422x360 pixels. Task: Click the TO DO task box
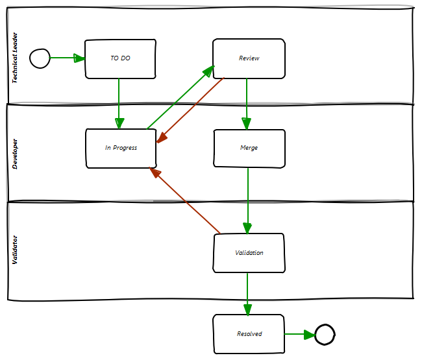point(120,59)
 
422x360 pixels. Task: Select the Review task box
point(249,59)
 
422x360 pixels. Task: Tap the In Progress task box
point(121,149)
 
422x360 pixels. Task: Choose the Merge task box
point(249,149)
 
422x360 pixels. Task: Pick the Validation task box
point(249,253)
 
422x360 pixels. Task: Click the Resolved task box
point(249,334)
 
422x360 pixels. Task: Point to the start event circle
point(40,58)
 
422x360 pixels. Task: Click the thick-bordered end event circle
point(325,335)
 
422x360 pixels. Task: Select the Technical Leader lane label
point(16,58)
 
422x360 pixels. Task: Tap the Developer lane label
point(16,154)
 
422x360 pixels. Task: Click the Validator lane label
point(16,250)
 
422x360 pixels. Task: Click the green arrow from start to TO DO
point(67,58)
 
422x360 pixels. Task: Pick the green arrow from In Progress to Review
point(180,97)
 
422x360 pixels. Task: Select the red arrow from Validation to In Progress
point(186,200)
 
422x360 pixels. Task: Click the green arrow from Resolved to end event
point(299,335)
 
